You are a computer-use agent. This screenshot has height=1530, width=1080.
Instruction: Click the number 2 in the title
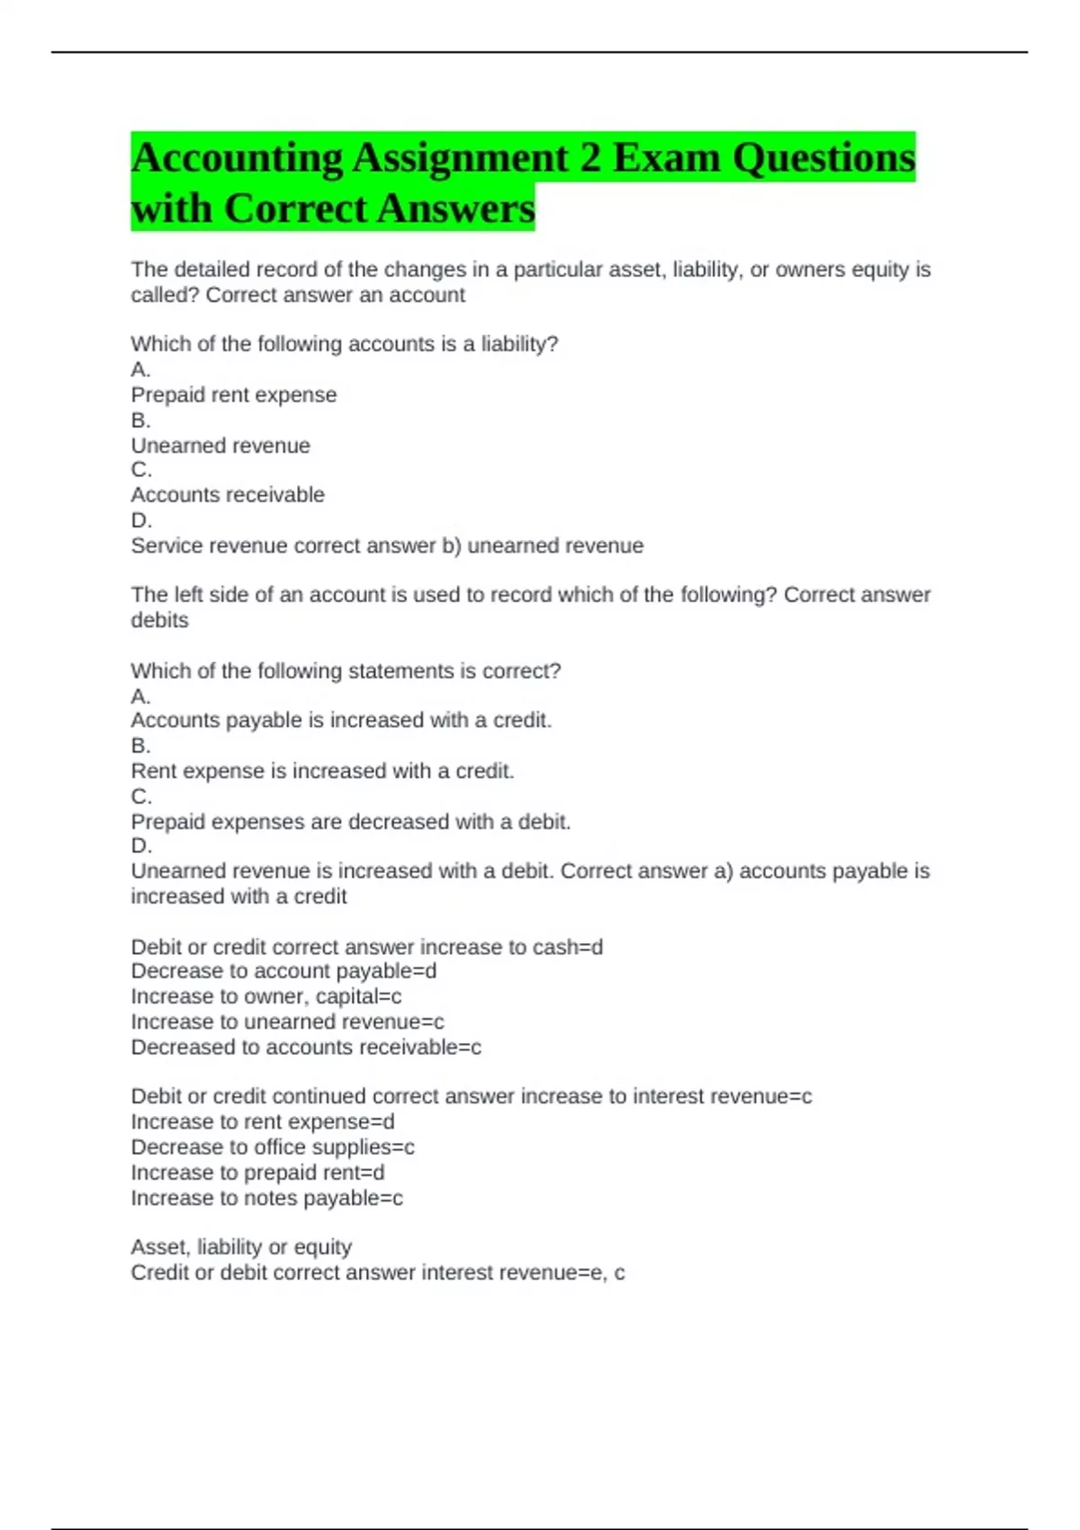[x=589, y=158]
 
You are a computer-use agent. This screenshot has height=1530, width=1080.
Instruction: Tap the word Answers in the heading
[x=455, y=209]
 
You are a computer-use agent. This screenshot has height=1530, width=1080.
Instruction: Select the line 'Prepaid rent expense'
[x=234, y=395]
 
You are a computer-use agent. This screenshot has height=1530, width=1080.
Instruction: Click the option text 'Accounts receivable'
[x=228, y=495]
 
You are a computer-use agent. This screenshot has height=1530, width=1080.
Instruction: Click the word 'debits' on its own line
[x=159, y=620]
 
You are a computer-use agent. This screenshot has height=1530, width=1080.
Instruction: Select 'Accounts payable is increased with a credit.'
[x=341, y=720]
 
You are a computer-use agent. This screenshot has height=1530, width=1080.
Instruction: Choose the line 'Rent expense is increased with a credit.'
[x=322, y=771]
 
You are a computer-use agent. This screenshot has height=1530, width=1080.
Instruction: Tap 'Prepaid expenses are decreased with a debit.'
[x=351, y=822]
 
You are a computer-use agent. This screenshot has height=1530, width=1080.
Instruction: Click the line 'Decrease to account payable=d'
[x=283, y=971]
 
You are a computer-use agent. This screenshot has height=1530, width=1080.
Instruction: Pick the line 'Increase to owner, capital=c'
[x=266, y=996]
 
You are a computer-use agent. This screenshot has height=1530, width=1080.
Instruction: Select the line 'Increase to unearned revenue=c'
[x=287, y=1021]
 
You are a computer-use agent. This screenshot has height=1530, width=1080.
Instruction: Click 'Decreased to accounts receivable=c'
[x=306, y=1048]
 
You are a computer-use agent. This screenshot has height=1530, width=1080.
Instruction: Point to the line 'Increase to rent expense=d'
[x=263, y=1122]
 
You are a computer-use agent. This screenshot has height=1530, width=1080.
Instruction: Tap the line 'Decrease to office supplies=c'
[x=273, y=1147]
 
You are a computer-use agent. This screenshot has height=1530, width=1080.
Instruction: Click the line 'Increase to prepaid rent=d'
[x=257, y=1173]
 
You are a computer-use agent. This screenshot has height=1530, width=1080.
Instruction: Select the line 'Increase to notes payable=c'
[x=266, y=1198]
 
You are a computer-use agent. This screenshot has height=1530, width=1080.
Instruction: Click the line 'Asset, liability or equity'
[x=241, y=1247]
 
